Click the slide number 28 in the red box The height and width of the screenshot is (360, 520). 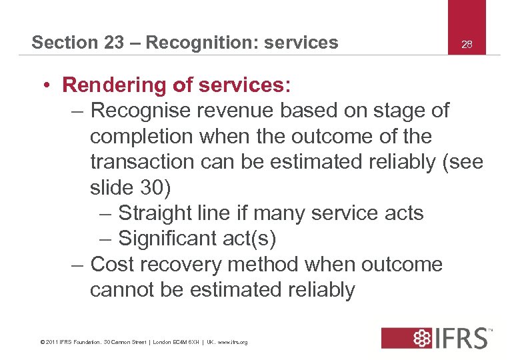(x=467, y=44)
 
